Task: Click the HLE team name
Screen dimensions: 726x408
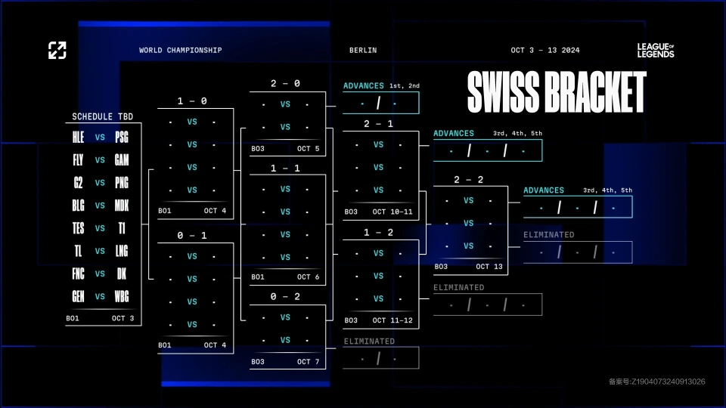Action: [78, 137]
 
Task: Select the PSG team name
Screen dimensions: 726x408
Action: [122, 137]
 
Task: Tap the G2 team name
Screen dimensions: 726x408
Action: [78, 183]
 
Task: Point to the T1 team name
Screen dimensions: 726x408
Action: [122, 228]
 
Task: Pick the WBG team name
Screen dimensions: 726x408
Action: [122, 296]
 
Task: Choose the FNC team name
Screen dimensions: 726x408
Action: [78, 274]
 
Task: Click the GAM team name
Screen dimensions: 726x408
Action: [122, 160]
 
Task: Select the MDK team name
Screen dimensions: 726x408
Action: [122, 206]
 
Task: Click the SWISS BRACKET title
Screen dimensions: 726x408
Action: [557, 92]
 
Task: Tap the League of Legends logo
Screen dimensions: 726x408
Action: [656, 51]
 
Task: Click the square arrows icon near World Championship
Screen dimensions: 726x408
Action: [57, 51]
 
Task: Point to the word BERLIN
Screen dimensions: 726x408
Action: [363, 50]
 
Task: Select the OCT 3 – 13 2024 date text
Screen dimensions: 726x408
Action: [545, 50]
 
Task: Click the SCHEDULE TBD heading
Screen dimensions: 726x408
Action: [102, 116]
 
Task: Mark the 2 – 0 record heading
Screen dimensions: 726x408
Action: [285, 83]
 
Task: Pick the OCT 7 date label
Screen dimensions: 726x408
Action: [309, 362]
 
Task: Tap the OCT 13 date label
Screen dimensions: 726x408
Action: [489, 267]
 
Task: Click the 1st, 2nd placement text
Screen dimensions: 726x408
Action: [404, 85]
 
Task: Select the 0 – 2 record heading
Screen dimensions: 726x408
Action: [285, 296]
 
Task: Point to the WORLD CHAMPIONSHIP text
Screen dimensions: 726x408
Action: [181, 50]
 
